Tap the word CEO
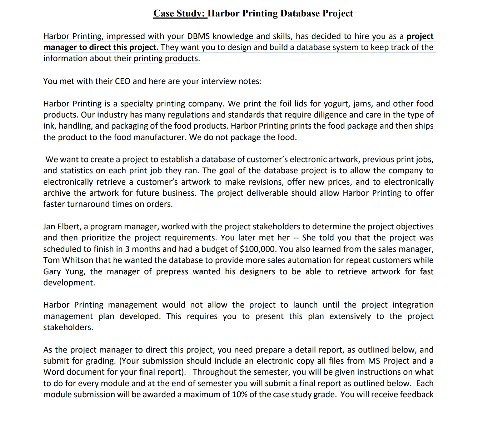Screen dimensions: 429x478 click(123, 81)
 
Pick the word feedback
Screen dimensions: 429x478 click(417, 395)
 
